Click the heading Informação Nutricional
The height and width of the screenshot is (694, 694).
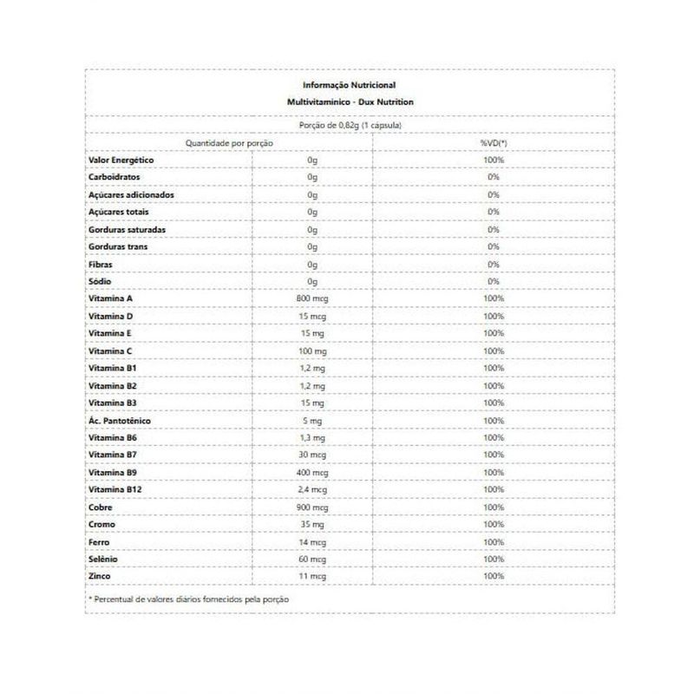point(349,85)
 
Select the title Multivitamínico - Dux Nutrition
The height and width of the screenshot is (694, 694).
point(349,102)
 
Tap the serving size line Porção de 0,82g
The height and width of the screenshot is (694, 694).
point(349,125)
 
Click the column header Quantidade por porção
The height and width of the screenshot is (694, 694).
point(229,142)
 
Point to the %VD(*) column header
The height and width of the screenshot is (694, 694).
point(493,142)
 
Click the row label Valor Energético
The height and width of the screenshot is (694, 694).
point(121,160)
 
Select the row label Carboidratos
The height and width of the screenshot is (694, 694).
point(114,178)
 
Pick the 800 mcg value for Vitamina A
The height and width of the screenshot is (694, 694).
point(312,299)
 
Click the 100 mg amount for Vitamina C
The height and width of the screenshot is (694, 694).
point(312,351)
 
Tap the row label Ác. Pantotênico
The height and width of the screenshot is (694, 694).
point(121,421)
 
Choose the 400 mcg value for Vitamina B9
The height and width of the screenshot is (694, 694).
point(312,473)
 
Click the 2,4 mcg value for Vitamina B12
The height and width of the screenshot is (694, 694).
point(312,490)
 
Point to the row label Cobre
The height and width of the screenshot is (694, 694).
point(101,507)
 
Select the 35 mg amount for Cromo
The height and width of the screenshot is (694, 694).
point(312,525)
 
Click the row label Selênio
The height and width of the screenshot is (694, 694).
point(104,560)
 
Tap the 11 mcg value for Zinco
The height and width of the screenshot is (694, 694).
point(312,577)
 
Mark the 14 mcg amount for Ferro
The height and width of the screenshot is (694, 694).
point(312,542)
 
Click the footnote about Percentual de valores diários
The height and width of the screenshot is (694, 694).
point(188,599)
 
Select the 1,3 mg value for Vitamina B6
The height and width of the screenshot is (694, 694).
point(312,438)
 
